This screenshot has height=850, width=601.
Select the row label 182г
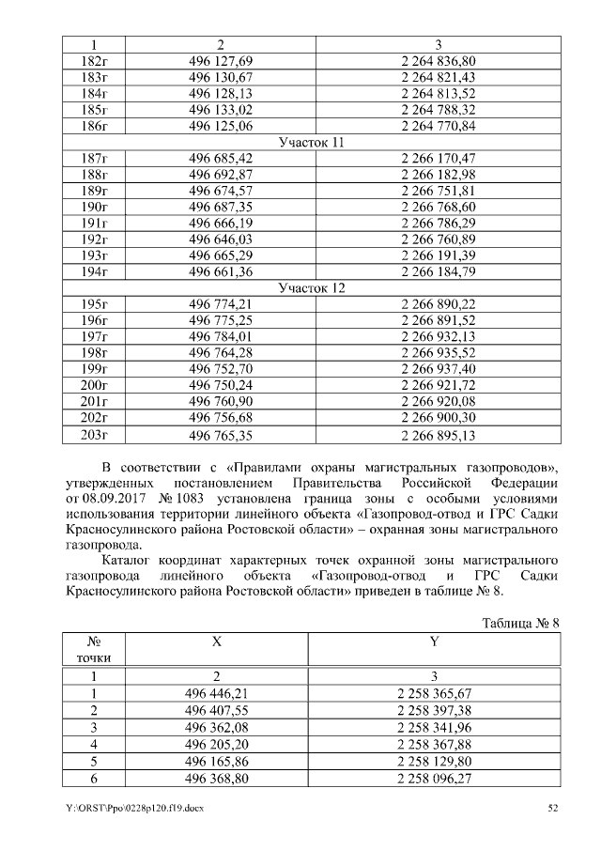(x=97, y=60)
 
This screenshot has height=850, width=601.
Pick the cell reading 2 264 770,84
(x=438, y=126)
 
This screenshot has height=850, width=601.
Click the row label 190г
(x=97, y=207)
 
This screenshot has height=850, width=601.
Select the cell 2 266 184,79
(x=438, y=272)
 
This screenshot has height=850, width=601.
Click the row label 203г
(x=97, y=435)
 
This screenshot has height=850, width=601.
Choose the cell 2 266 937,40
(x=438, y=369)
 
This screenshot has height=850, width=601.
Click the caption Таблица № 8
(x=519, y=623)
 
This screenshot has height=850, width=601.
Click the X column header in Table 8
(x=218, y=641)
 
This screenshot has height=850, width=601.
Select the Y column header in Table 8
(x=434, y=641)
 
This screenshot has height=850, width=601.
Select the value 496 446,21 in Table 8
(x=218, y=694)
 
